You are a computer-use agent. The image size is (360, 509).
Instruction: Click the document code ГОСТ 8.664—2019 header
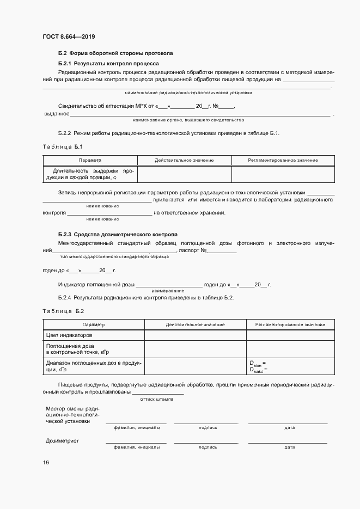69,37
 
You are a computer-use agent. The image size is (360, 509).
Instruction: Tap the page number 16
46,462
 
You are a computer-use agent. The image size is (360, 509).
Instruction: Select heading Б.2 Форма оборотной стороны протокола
115,53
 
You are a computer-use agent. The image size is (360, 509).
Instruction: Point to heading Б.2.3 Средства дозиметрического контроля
118,234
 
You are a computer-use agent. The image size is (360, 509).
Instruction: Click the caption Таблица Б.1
62,147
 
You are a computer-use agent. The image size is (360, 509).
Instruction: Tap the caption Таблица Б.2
63,311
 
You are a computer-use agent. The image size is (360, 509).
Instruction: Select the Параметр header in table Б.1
90,161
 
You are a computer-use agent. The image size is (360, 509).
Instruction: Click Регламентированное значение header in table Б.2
290,325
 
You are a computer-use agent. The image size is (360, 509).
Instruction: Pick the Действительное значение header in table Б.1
184,161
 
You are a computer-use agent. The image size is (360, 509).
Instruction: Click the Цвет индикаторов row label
69,335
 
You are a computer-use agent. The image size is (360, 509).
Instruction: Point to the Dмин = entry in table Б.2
258,363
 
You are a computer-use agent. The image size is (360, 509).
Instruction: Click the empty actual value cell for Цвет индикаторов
195,335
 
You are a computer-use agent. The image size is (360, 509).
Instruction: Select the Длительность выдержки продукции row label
90,174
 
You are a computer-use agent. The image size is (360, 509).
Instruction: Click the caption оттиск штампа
157,399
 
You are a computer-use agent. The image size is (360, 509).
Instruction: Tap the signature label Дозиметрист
63,440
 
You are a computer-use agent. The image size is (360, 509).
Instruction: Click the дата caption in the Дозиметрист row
289,447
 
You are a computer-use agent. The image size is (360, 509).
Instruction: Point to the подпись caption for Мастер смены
208,427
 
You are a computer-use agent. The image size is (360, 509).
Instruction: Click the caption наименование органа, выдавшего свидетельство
188,120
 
